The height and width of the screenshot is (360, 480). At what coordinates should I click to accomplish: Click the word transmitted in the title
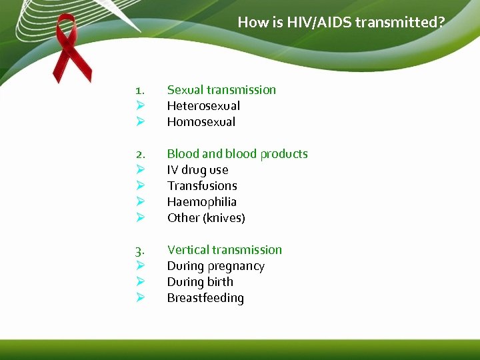(x=399, y=22)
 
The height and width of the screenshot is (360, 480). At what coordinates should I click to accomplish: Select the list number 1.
(x=139, y=90)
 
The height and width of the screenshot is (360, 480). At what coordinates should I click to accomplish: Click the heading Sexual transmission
(x=221, y=90)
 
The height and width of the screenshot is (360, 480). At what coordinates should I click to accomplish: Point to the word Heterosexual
(x=203, y=106)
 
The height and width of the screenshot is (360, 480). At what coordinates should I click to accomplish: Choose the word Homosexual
(x=201, y=122)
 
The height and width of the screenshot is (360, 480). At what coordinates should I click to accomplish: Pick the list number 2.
(x=139, y=154)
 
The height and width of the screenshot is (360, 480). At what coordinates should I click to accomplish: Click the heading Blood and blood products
(x=237, y=154)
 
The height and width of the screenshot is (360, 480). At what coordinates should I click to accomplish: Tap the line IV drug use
(x=197, y=170)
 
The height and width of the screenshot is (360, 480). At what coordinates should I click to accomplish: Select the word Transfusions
(x=202, y=186)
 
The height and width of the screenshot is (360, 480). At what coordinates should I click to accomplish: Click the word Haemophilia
(x=202, y=202)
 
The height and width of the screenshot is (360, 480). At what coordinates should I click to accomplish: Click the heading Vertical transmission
(x=225, y=250)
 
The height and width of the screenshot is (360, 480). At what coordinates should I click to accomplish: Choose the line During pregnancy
(x=215, y=266)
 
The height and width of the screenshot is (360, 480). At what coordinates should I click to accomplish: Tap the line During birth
(x=200, y=282)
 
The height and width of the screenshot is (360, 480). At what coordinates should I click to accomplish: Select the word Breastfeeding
(x=205, y=298)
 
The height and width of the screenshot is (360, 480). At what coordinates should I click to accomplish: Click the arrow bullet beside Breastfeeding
(x=140, y=297)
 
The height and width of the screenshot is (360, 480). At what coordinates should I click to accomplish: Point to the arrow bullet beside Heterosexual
(x=140, y=105)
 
